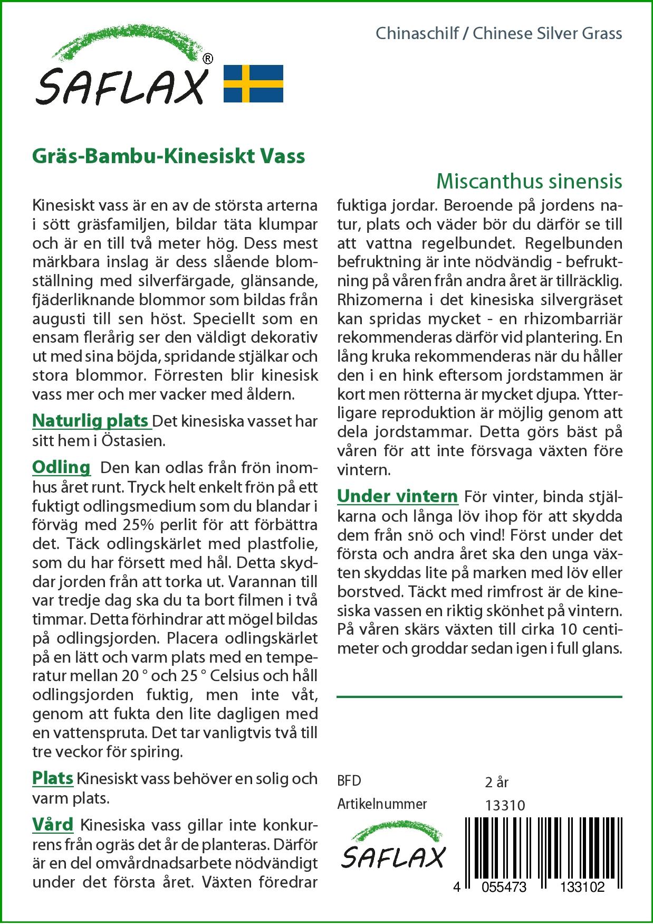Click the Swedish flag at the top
click(253, 83)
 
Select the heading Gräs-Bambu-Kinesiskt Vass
click(168, 156)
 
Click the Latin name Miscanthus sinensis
click(529, 181)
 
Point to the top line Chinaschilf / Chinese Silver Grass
click(498, 34)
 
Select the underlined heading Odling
click(61, 467)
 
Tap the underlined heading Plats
click(52, 778)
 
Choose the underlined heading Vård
click(52, 824)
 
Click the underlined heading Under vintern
click(397, 496)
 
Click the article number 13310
click(505, 805)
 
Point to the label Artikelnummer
click(382, 804)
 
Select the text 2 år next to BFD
click(496, 781)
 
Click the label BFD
click(349, 781)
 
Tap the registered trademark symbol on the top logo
click(208, 59)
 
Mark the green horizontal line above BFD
click(479, 697)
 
